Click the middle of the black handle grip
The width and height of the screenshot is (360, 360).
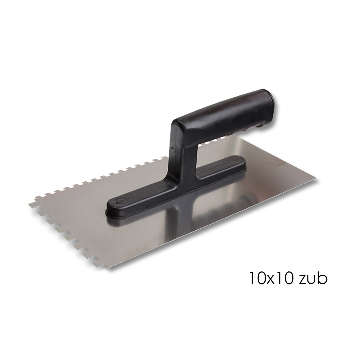(220, 117)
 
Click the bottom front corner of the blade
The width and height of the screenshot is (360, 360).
(110, 268)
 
